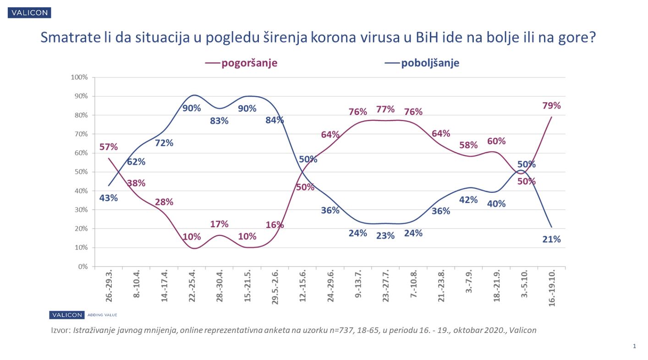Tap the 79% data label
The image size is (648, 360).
551,106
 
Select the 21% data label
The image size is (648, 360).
551,239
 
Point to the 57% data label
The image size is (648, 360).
109,147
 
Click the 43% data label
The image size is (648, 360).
109,198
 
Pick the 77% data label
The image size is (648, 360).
385,109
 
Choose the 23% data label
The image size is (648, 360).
385,236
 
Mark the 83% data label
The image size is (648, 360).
219,122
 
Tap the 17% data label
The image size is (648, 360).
219,224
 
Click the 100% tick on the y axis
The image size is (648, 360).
79,77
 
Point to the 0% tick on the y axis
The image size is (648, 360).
82,267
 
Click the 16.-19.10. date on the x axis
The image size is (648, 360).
552,288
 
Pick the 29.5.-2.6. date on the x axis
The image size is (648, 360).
275,288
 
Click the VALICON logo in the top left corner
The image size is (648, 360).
29,13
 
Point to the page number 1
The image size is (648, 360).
634,346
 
